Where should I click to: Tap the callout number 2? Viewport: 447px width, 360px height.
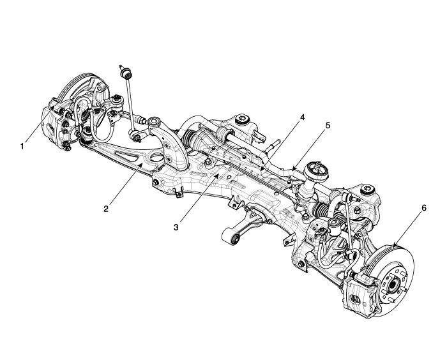[x=108, y=207]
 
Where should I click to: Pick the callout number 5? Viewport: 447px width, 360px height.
[x=329, y=126]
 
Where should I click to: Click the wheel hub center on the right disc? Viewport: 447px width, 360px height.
[x=391, y=281]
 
